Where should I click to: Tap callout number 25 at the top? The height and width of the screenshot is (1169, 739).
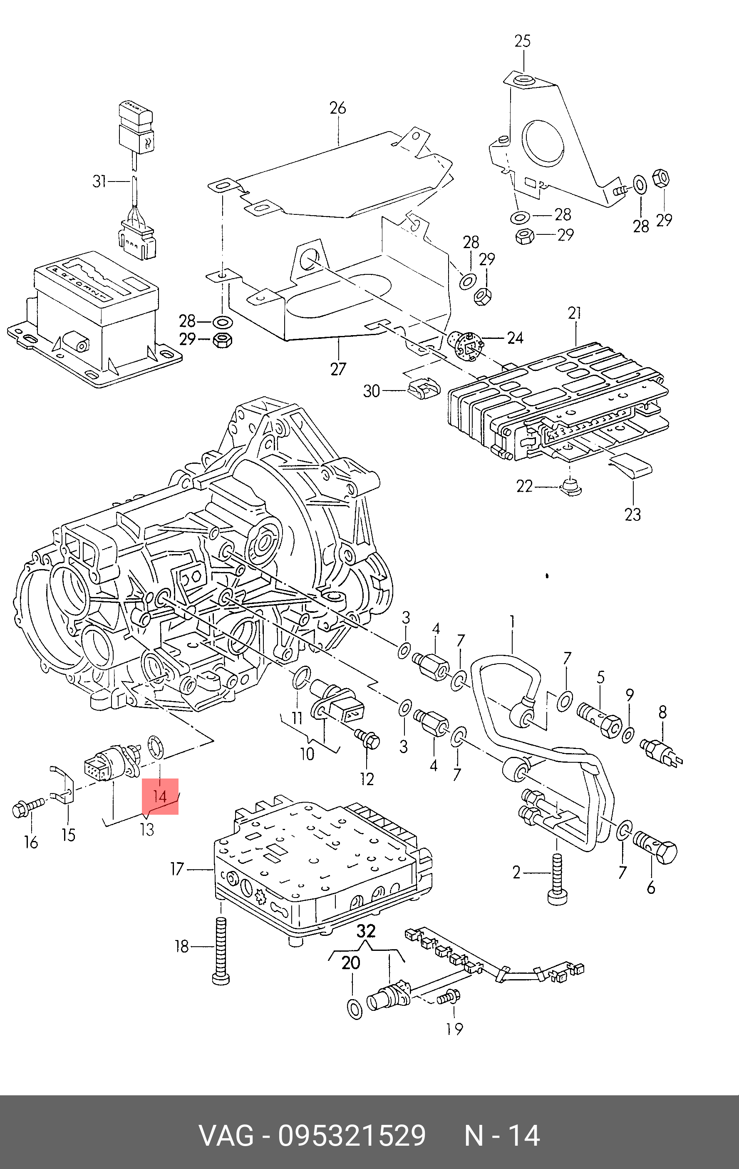pyautogui.click(x=523, y=41)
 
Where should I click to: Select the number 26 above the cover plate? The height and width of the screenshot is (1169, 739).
pyautogui.click(x=338, y=108)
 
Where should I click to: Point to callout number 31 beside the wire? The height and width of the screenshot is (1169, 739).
pyautogui.click(x=99, y=182)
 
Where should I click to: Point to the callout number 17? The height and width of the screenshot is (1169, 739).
pyautogui.click(x=177, y=868)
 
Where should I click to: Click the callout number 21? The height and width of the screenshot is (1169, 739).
pyautogui.click(x=575, y=313)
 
